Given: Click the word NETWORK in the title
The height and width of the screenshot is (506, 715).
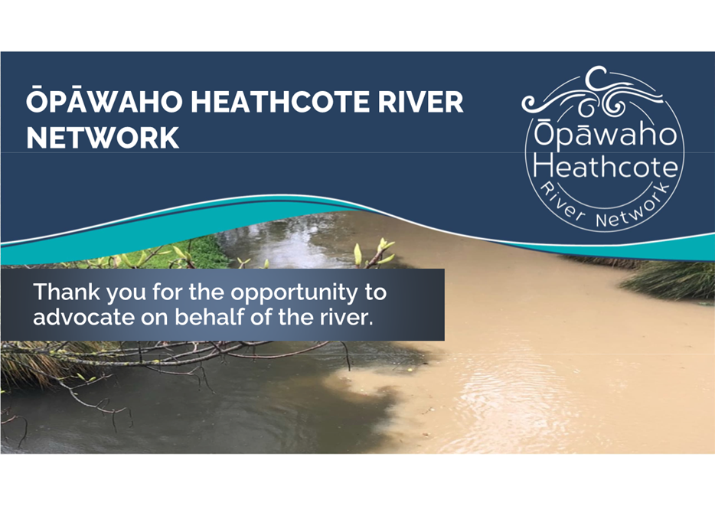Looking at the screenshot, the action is pyautogui.click(x=103, y=138).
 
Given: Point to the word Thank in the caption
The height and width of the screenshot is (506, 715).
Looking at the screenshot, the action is pyautogui.click(x=67, y=292).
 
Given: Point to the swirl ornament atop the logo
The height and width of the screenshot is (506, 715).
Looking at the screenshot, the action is pyautogui.click(x=593, y=93).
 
